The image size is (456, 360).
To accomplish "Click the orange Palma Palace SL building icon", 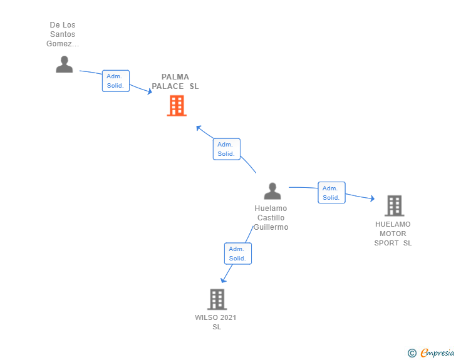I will pyautogui.click(x=177, y=106).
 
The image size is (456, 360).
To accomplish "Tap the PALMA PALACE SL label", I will pyautogui.click(x=175, y=82).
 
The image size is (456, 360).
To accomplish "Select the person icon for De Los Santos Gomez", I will pyautogui.click(x=64, y=64).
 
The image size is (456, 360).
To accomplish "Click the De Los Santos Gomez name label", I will pyautogui.click(x=63, y=34).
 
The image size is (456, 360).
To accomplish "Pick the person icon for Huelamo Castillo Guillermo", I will pyautogui.click(x=272, y=191).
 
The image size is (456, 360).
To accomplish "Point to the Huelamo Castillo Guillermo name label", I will pyautogui.click(x=271, y=218).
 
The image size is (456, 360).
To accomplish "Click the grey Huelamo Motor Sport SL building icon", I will pyautogui.click(x=394, y=205).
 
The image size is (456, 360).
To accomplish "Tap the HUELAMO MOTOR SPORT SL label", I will pyautogui.click(x=393, y=234).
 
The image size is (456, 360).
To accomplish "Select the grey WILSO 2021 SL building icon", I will pyautogui.click(x=217, y=299).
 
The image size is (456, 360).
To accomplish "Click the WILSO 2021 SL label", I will pyautogui.click(x=216, y=322).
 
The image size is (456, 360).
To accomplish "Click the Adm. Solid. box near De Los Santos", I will pyautogui.click(x=116, y=81).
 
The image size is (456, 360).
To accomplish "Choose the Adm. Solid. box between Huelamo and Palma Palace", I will pyautogui.click(x=226, y=149).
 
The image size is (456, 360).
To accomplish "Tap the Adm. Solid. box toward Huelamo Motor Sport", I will pyautogui.click(x=331, y=193).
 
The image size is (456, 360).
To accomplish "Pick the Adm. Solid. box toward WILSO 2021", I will pyautogui.click(x=237, y=254).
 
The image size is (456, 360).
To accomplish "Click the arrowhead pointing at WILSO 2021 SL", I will pyautogui.click(x=224, y=280).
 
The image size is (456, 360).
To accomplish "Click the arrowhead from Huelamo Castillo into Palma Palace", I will pyautogui.click(x=199, y=128).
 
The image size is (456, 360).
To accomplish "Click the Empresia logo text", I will pyautogui.click(x=437, y=353).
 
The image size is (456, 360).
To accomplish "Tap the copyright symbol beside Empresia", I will pyautogui.click(x=412, y=353).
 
